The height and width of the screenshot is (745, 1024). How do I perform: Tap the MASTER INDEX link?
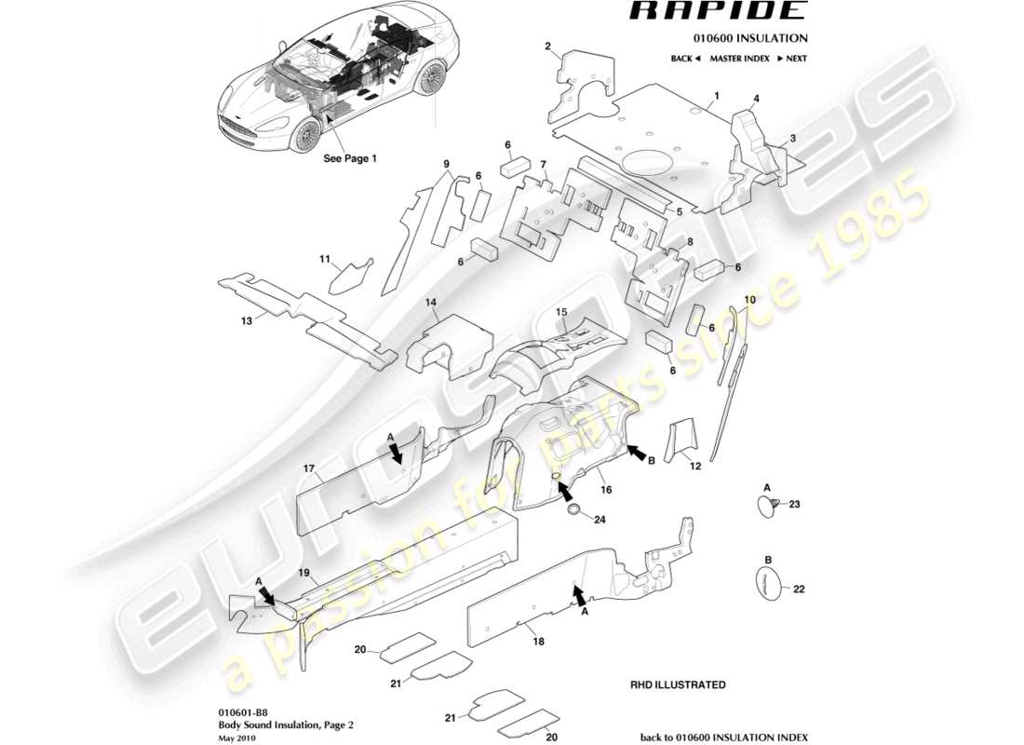click(x=739, y=59)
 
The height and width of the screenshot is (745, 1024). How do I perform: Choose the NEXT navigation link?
click(x=791, y=59)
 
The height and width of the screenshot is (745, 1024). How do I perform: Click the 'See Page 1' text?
click(x=349, y=158)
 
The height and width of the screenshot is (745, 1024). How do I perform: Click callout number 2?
click(x=549, y=46)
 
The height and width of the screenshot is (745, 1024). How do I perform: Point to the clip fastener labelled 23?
click(x=763, y=504)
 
